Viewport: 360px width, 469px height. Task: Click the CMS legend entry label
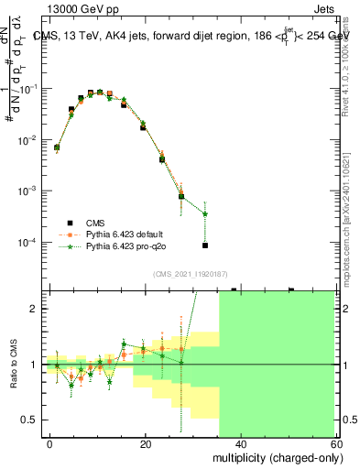tap(96, 223)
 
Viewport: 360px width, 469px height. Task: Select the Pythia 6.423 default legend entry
tap(125, 234)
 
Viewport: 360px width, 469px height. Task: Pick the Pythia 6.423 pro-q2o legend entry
tap(125, 246)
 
